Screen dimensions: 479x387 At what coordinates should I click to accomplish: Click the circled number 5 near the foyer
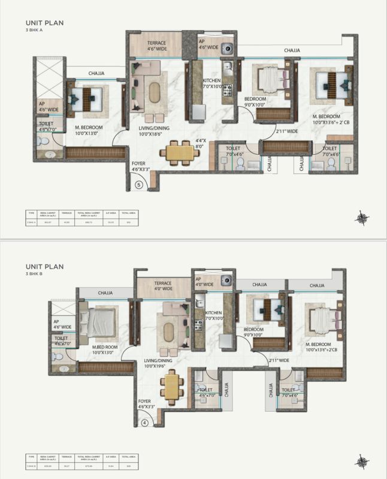coord(139,185)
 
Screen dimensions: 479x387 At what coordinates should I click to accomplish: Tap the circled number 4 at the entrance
coord(144,421)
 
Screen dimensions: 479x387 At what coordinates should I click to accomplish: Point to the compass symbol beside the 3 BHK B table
coord(361,460)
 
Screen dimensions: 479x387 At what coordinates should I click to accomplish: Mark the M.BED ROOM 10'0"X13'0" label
coord(105,350)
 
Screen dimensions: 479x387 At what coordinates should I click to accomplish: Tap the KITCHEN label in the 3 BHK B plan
coord(212,316)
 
